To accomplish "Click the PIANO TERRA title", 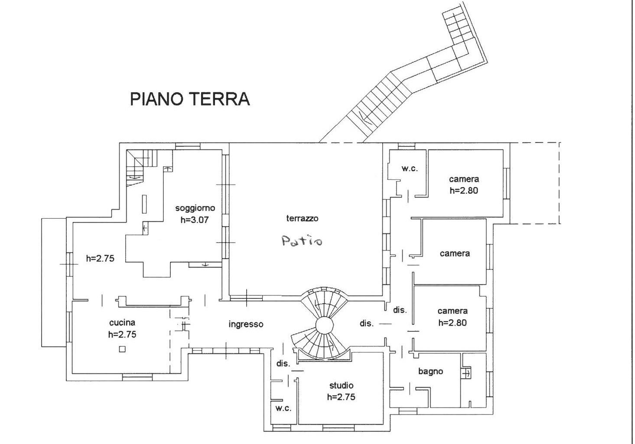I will pyautogui.click(x=190, y=99).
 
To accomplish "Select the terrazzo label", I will pyautogui.click(x=302, y=218).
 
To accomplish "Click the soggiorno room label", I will pyautogui.click(x=195, y=208).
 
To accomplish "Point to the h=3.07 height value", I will pyautogui.click(x=195, y=220).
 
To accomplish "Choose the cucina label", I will pyautogui.click(x=122, y=322).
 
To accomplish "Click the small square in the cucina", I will pyautogui.click(x=123, y=349).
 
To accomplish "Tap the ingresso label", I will pyautogui.click(x=246, y=324).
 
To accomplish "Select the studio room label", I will pyautogui.click(x=341, y=385).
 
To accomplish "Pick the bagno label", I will pyautogui.click(x=430, y=371).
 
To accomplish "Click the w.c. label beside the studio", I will pyautogui.click(x=283, y=408).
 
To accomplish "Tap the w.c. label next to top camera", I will pyautogui.click(x=409, y=169).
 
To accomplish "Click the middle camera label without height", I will pyautogui.click(x=455, y=253).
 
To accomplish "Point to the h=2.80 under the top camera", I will pyautogui.click(x=464, y=190).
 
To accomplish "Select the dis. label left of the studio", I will pyautogui.click(x=283, y=364).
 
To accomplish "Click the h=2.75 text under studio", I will pyautogui.click(x=341, y=397).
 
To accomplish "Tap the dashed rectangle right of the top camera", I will pyautogui.click(x=535, y=183).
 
